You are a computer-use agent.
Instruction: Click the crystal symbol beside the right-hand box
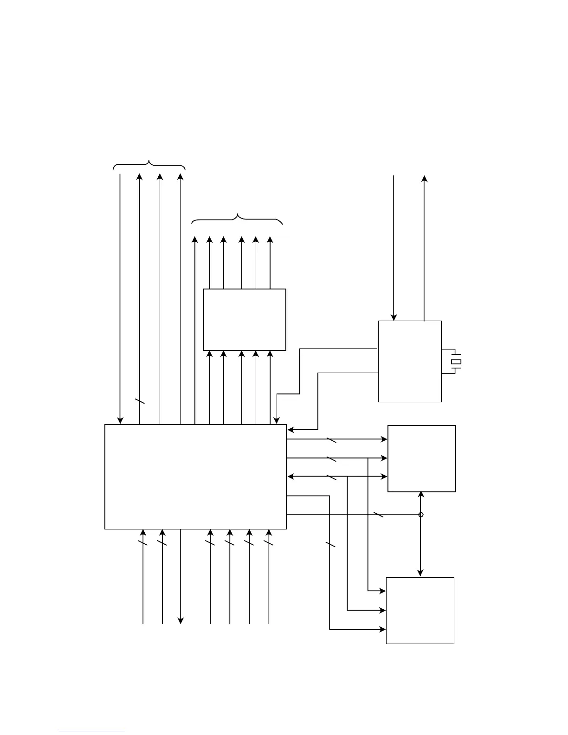456,361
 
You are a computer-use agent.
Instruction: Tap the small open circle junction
421,515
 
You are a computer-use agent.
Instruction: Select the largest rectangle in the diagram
195,477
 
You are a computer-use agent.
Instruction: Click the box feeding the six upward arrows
245,319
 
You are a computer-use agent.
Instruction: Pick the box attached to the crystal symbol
410,361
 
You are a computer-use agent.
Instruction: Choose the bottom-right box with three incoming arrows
420,611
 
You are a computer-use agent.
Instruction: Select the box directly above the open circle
422,458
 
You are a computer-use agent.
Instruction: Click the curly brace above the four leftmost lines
149,165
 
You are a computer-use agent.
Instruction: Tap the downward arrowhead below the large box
181,621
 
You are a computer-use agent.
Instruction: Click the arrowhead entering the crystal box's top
394,317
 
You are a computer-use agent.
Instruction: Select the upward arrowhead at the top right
424,179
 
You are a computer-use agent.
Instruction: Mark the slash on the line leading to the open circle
379,515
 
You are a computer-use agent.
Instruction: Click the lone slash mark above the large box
140,401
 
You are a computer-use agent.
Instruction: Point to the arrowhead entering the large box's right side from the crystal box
290,430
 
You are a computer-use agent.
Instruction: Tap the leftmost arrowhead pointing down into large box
120,421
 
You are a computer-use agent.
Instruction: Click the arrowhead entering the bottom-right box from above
420,574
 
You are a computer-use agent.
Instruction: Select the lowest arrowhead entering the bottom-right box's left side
383,630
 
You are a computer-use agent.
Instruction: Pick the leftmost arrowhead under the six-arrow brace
195,240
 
